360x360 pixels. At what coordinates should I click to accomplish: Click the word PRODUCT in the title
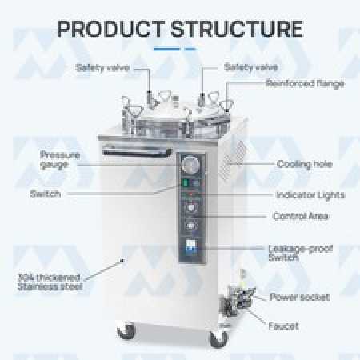(x=111, y=29)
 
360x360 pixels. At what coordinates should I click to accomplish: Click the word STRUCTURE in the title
(x=237, y=29)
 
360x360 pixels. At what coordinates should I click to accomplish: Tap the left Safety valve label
(x=102, y=68)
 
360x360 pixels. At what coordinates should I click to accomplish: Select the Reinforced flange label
(x=305, y=84)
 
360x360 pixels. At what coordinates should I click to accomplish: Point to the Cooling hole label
(x=305, y=164)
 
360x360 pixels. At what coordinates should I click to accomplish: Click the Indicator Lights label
(x=310, y=195)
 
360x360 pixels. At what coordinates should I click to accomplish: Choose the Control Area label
(x=301, y=216)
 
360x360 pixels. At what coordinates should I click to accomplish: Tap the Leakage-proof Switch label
(x=301, y=253)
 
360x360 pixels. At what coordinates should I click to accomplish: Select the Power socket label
(x=299, y=297)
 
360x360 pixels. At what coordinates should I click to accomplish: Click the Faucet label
(x=283, y=326)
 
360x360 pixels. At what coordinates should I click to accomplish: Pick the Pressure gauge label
(x=60, y=160)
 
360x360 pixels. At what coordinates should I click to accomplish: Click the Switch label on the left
(x=46, y=194)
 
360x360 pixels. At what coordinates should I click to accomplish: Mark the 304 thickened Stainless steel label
(x=50, y=282)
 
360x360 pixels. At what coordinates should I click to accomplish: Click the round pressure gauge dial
(x=190, y=165)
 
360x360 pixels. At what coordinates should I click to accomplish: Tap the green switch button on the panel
(x=186, y=183)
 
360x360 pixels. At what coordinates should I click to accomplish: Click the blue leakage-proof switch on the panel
(x=190, y=246)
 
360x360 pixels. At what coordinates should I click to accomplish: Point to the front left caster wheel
(x=126, y=331)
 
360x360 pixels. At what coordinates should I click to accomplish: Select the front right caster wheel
(x=218, y=339)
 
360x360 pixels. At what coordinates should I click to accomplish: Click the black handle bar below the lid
(x=137, y=152)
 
